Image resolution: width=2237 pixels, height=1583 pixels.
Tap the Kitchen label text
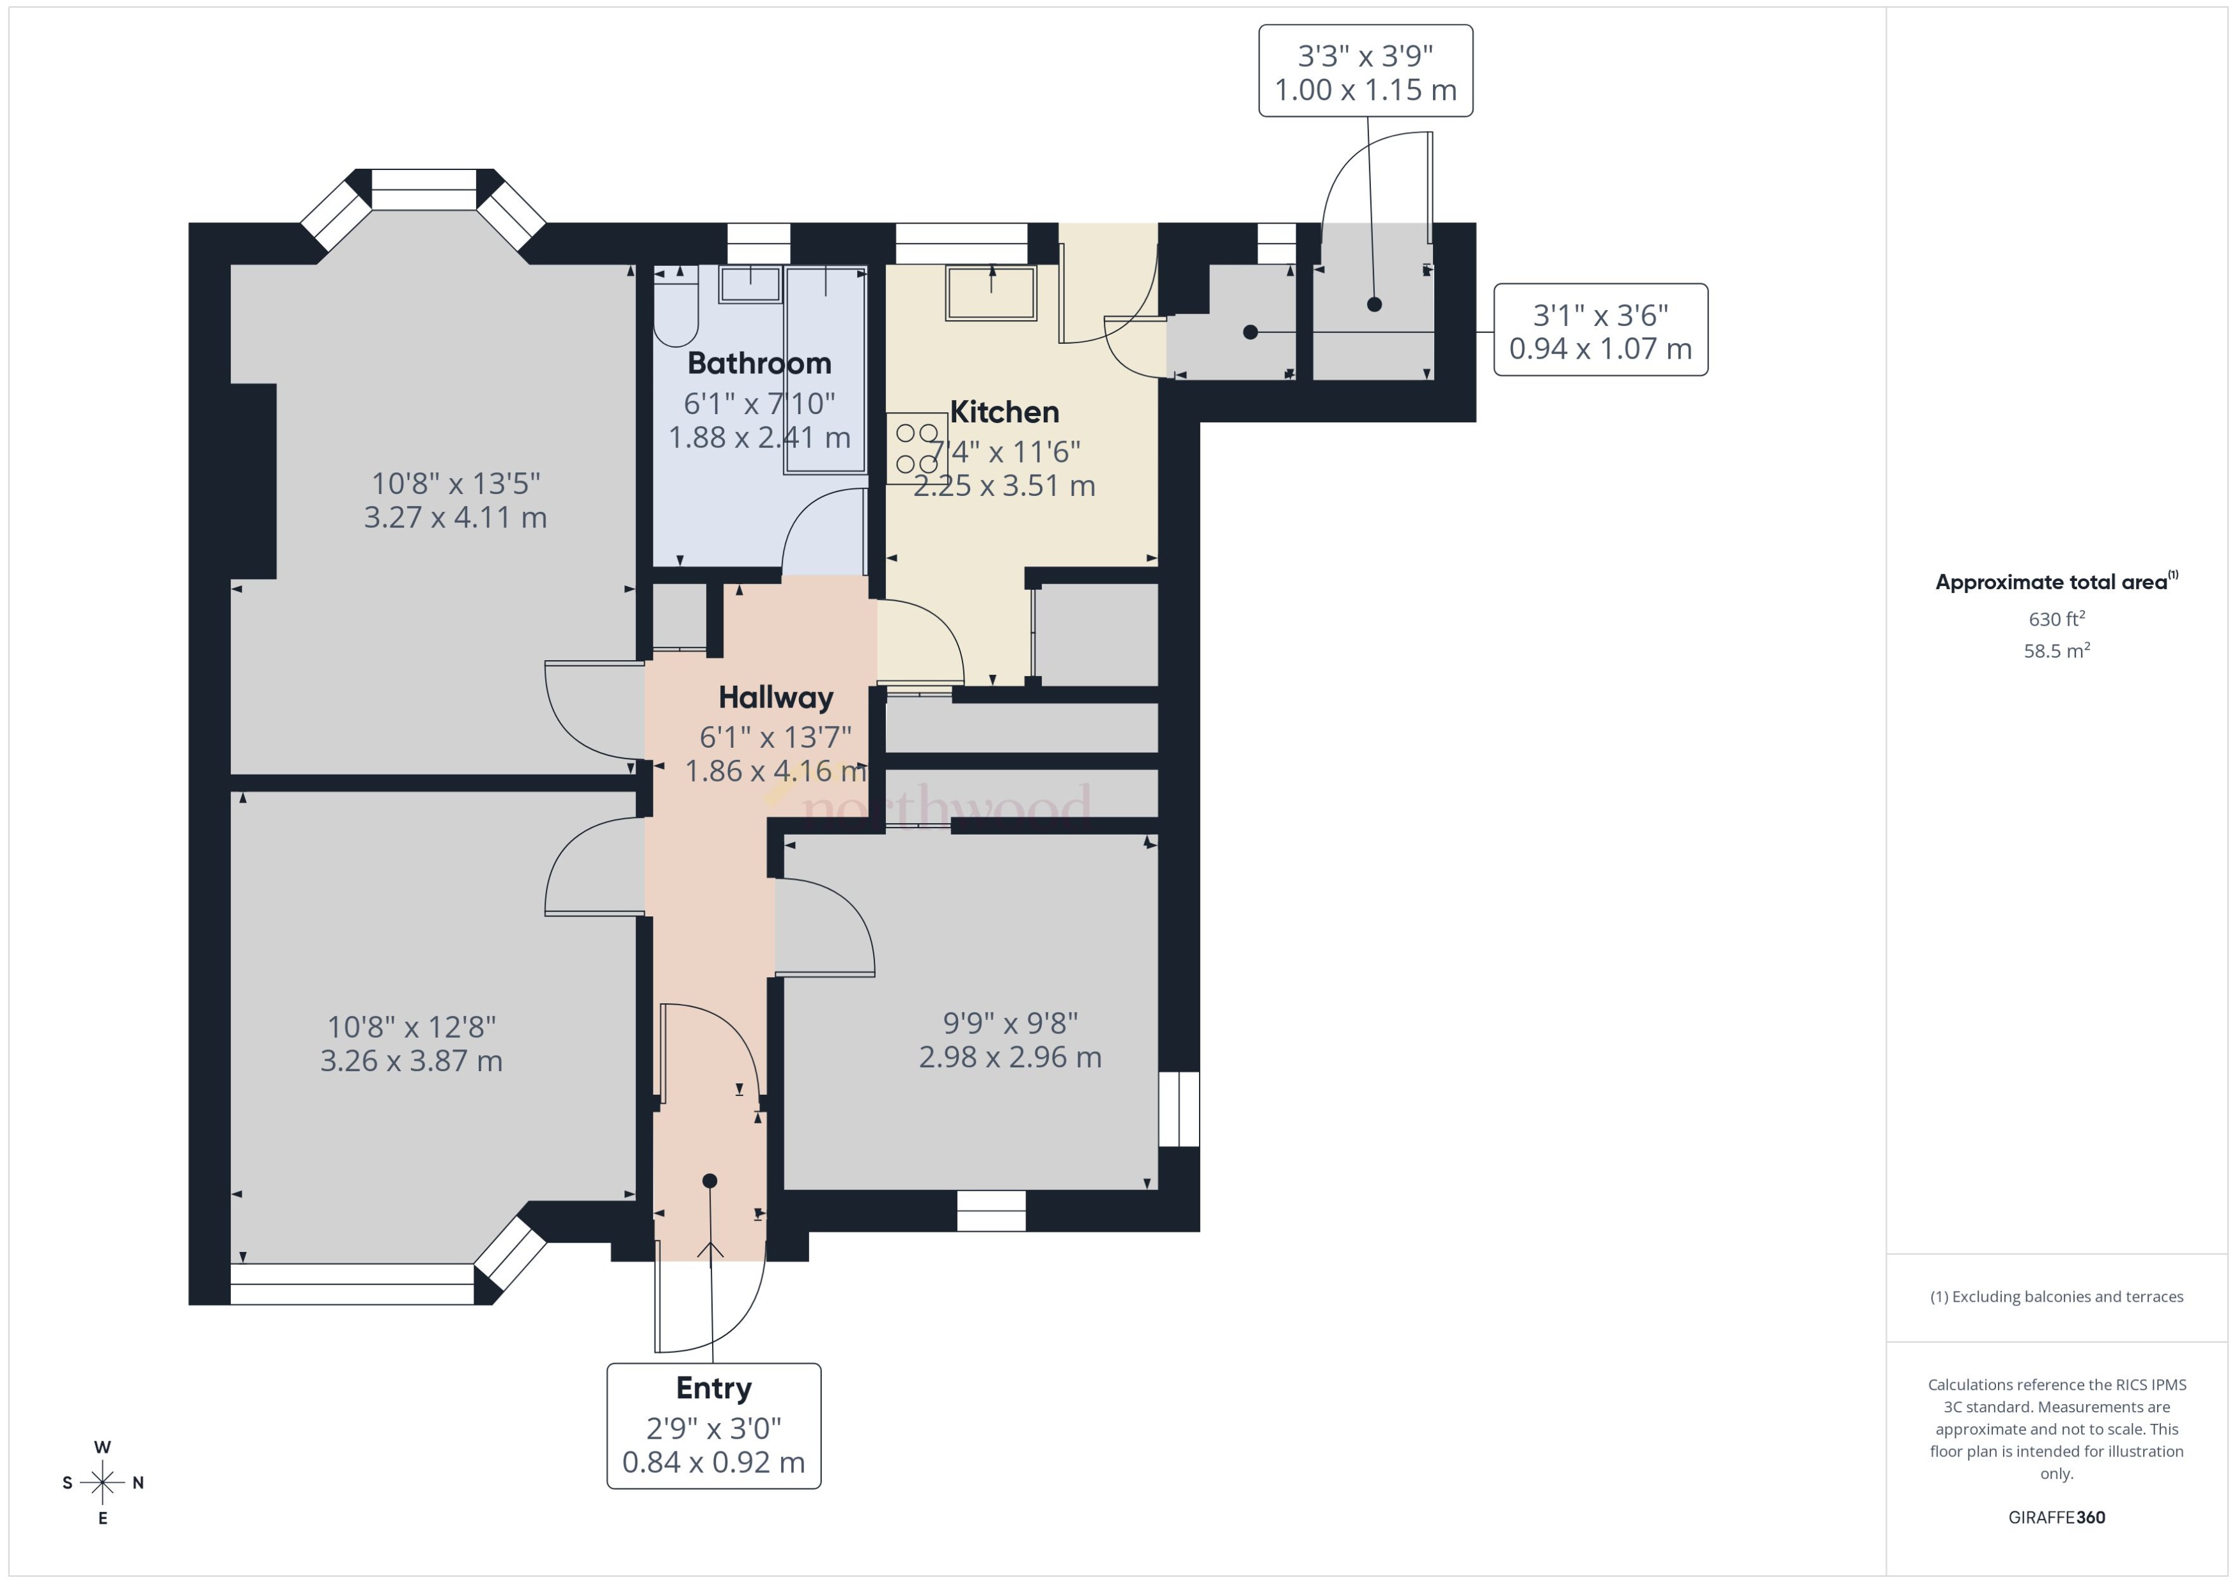pyautogui.click(x=1004, y=412)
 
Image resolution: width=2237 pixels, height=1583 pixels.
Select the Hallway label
pyautogui.click(x=776, y=697)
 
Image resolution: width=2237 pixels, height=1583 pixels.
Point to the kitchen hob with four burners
pyautogui.click(x=917, y=449)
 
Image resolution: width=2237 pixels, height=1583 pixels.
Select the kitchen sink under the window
pyautogui.click(x=990, y=293)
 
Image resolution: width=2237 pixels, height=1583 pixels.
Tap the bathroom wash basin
pyautogui.click(x=750, y=284)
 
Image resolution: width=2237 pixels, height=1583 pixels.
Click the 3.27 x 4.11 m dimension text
pyautogui.click(x=455, y=516)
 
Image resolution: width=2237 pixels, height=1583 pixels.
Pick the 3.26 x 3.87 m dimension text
pyautogui.click(x=412, y=1060)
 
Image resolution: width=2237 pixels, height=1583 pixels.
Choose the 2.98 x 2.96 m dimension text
pyautogui.click(x=1010, y=1056)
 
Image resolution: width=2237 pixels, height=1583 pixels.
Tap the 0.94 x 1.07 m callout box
pyautogui.click(x=1600, y=330)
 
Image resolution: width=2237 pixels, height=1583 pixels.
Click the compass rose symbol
pyautogui.click(x=102, y=1483)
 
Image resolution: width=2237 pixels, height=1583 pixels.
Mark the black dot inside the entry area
pyautogui.click(x=709, y=1180)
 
